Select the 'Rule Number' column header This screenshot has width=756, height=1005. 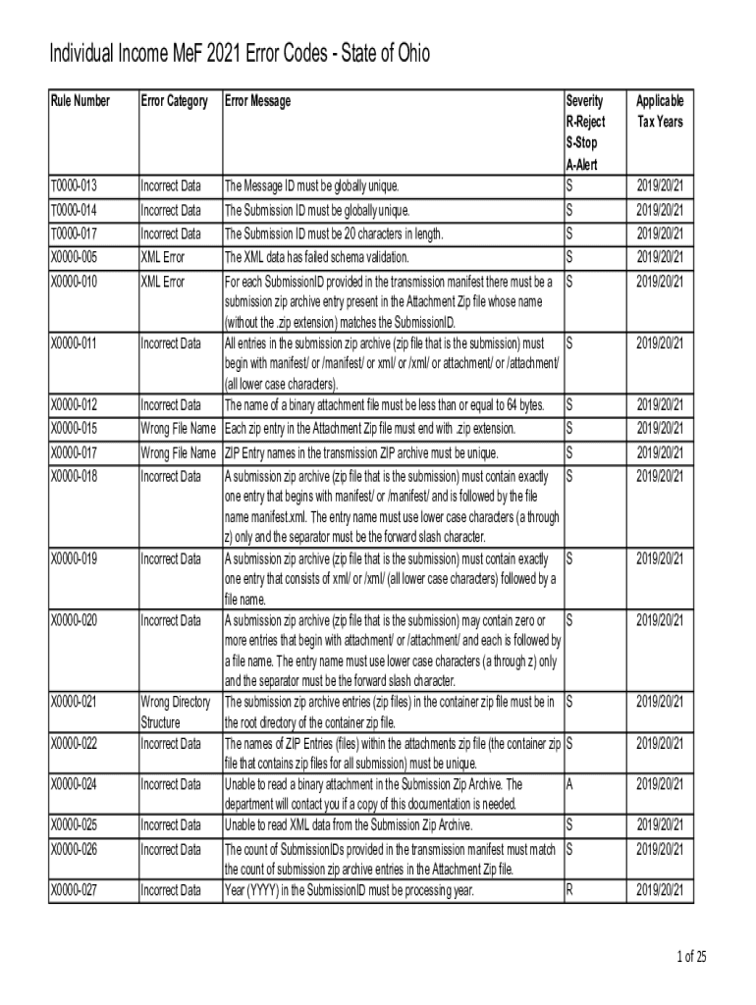(80, 101)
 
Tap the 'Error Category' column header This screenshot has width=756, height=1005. (174, 101)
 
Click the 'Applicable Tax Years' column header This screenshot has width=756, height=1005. (660, 112)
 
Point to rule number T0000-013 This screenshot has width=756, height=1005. (74, 185)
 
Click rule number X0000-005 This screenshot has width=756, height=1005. (74, 257)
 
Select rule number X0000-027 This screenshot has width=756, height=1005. (74, 890)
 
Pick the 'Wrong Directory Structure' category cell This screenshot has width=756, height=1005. (176, 713)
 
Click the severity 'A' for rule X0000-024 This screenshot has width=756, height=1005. (570, 784)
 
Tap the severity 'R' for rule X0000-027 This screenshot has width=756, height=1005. (570, 890)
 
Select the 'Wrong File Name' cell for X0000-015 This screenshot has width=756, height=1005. (178, 429)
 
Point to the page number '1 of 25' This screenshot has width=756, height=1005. (690, 957)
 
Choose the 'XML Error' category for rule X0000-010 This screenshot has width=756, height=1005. (163, 282)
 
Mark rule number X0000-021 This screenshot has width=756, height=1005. (74, 702)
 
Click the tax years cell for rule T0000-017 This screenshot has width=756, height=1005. (660, 234)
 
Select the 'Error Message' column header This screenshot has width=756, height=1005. (257, 101)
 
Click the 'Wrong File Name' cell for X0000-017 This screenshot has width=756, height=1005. (178, 453)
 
